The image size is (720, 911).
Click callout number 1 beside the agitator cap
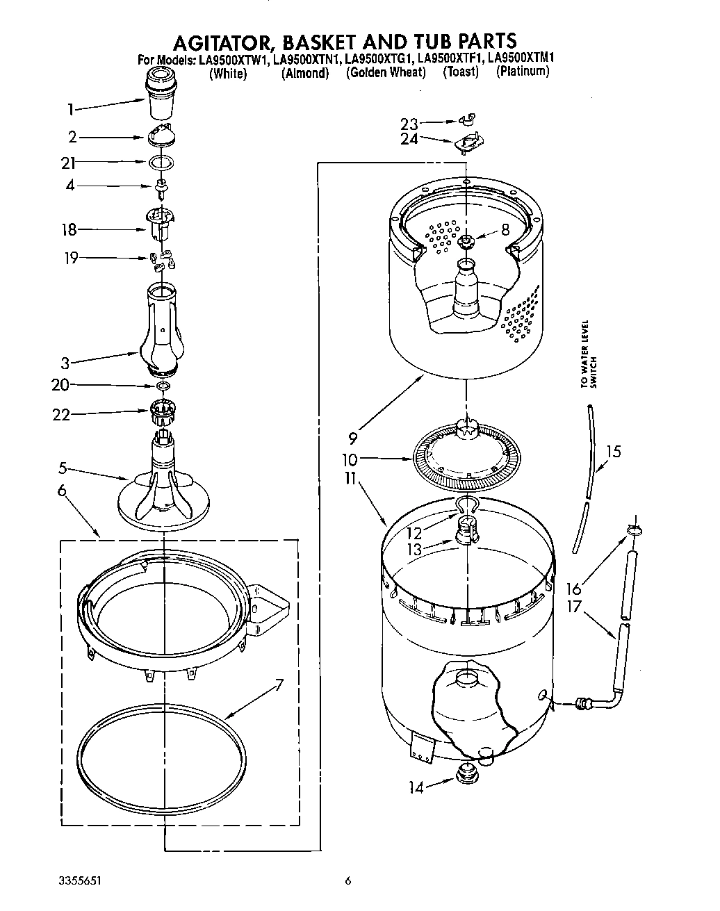[x=70, y=108]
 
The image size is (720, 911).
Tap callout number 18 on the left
[x=69, y=230]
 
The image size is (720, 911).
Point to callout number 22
[x=62, y=414]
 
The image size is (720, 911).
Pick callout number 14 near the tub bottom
[x=416, y=787]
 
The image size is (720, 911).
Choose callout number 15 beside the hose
[x=612, y=451]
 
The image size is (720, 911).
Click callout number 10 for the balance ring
[x=350, y=459]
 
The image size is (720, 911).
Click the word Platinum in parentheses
[x=523, y=72]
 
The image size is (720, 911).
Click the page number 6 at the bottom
[x=348, y=882]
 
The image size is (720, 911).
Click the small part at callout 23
[x=471, y=121]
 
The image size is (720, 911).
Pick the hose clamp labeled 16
[x=634, y=531]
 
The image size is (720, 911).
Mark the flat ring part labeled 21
[x=161, y=163]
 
